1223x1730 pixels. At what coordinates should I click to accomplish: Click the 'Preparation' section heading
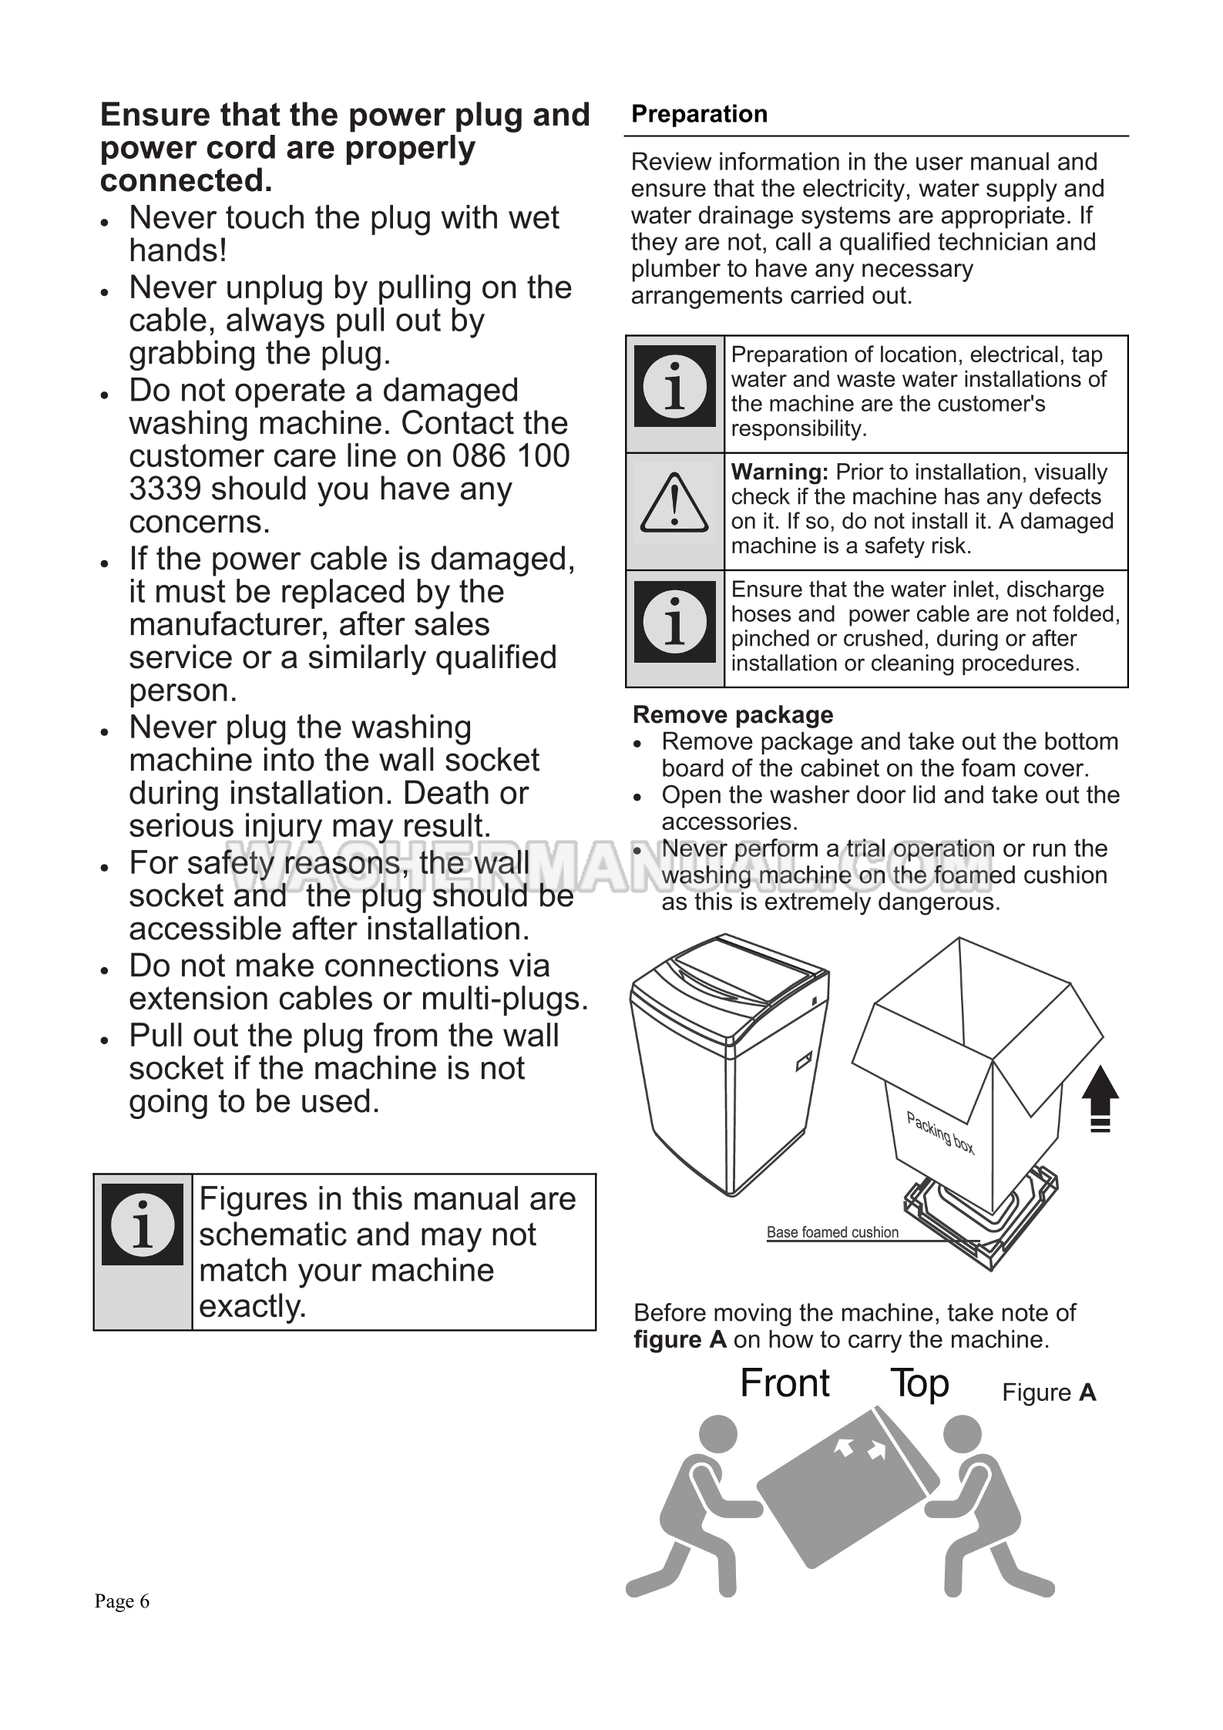699,114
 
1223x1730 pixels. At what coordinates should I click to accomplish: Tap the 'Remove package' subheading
732,714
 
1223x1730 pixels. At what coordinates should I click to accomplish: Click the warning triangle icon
674,505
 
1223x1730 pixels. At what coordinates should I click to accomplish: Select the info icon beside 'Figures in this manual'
143,1224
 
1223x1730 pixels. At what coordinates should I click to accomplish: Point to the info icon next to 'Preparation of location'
674,386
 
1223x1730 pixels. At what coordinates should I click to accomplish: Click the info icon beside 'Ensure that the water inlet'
674,622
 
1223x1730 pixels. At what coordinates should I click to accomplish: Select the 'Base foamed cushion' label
832,1232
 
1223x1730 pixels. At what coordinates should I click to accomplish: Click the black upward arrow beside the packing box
1100,1097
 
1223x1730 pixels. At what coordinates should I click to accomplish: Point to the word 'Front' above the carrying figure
785,1382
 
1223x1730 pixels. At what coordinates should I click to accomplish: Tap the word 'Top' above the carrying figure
919,1382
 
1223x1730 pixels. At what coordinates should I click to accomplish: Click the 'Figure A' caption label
1048,1392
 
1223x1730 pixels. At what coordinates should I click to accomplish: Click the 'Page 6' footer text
122,1601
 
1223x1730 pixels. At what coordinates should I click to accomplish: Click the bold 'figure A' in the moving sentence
680,1339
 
